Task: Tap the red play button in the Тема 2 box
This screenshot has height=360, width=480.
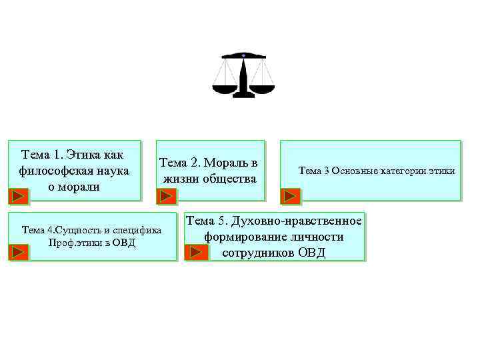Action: (x=167, y=196)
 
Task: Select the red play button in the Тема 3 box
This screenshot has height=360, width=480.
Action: (x=290, y=196)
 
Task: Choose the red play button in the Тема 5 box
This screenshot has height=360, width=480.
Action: (x=195, y=253)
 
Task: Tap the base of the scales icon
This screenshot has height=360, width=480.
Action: (x=243, y=95)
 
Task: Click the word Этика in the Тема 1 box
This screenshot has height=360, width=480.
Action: (x=78, y=155)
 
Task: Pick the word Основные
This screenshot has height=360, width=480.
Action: (x=354, y=171)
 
